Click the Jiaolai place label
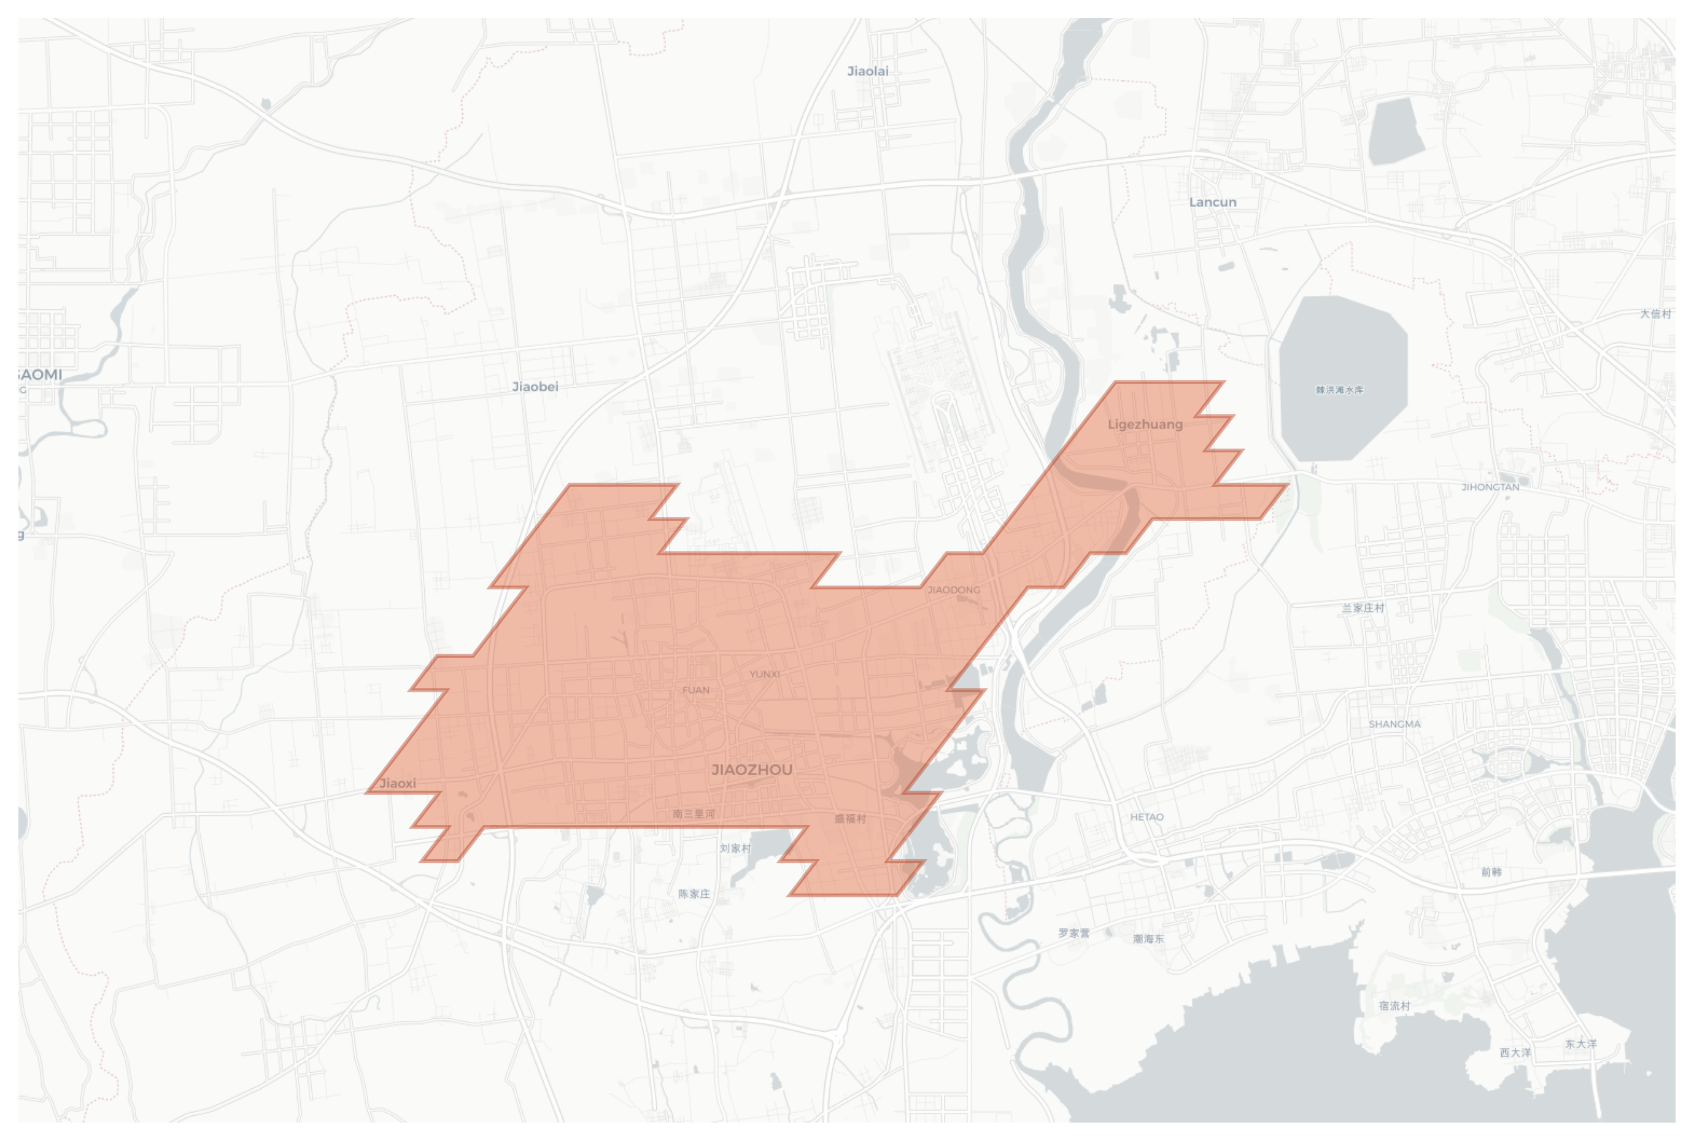[x=867, y=71]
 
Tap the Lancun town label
[x=1212, y=203]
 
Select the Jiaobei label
[x=535, y=387]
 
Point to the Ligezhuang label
[x=1145, y=424]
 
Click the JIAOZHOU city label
[x=752, y=770]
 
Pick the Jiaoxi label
[x=398, y=783]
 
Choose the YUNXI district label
[x=764, y=674]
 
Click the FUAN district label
[x=695, y=690]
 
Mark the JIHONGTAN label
[x=1490, y=487]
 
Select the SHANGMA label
[x=1394, y=724]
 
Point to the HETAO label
[x=1147, y=817]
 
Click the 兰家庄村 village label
[x=1363, y=608]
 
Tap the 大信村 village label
[x=1655, y=314]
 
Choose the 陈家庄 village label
[x=694, y=894]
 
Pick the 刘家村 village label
[x=735, y=848]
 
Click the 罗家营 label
[x=1073, y=933]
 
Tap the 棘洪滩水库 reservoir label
[x=1339, y=390]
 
